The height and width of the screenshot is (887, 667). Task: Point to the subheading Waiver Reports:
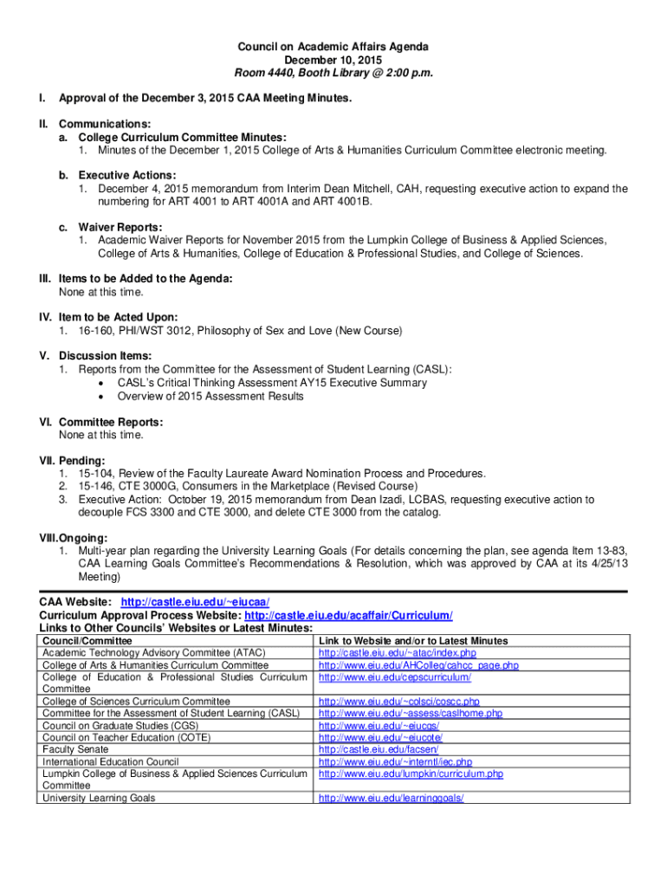coord(110,227)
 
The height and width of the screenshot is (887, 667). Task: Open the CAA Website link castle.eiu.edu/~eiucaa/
coord(195,602)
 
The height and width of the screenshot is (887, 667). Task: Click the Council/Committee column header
coord(88,640)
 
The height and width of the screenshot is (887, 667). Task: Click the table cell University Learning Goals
coord(99,798)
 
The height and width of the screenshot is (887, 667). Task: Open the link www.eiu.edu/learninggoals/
coord(392,798)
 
